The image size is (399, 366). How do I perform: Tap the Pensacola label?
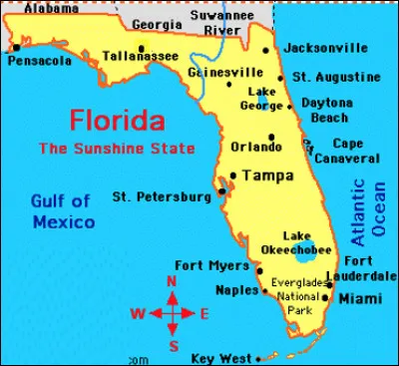point(39,61)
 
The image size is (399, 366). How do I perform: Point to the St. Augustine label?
point(336,77)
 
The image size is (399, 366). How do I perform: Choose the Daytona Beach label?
point(331,111)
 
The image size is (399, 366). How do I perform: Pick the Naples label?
point(236,290)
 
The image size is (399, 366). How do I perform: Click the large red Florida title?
point(116,122)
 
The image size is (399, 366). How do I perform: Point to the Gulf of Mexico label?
point(62,212)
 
